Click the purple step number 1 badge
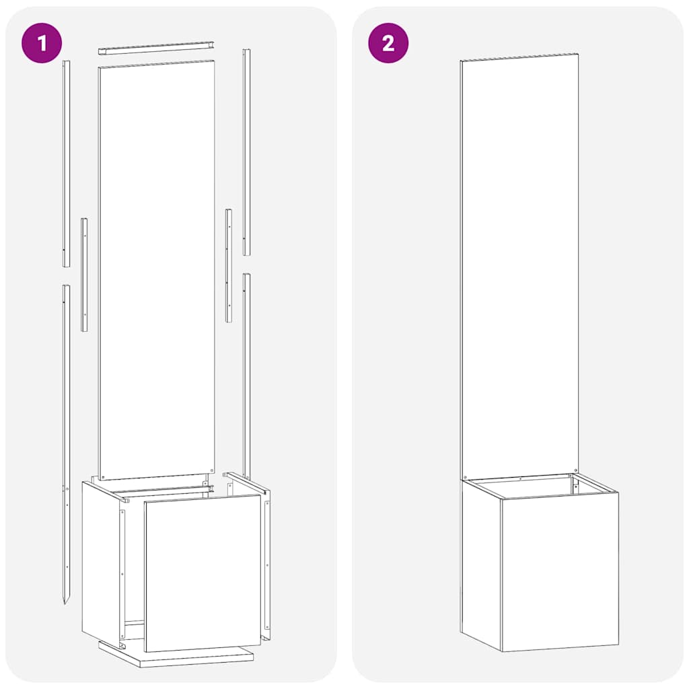[x=42, y=43]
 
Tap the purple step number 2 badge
[x=388, y=43]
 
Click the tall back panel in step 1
[x=156, y=269]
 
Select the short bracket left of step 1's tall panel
[x=84, y=275]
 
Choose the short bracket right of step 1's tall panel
[x=229, y=265]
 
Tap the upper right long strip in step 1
[x=246, y=152]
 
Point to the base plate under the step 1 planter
[x=178, y=657]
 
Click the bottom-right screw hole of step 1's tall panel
[x=211, y=470]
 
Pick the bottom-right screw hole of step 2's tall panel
[x=575, y=469]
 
